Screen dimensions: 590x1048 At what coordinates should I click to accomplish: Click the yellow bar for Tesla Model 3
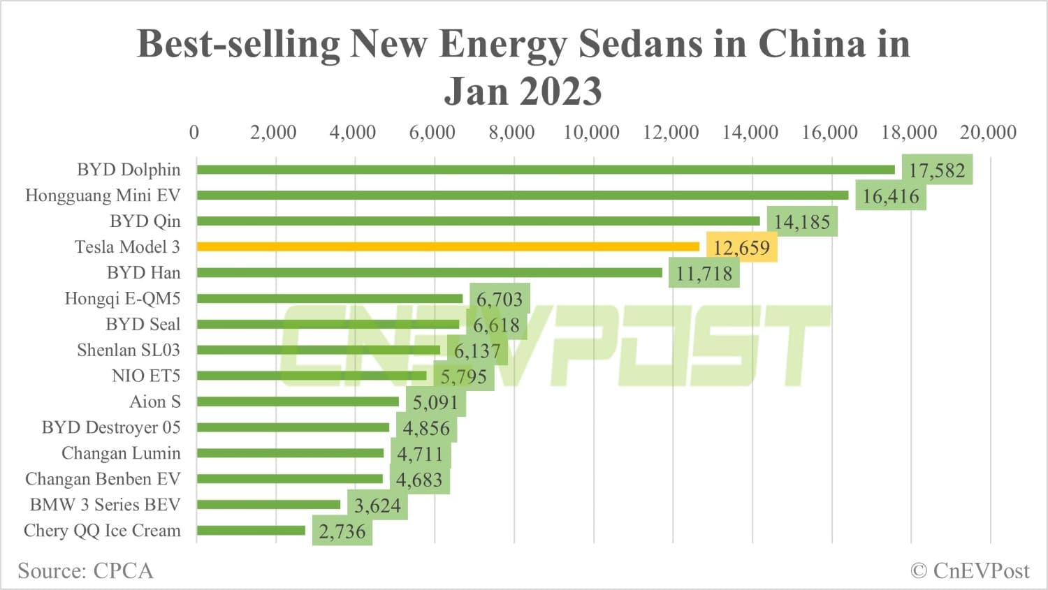click(447, 246)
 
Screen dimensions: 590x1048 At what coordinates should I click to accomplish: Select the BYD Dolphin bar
click(545, 170)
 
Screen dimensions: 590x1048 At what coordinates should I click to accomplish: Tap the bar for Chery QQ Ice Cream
click(251, 531)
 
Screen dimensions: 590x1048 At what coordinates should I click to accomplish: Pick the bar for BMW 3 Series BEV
click(268, 505)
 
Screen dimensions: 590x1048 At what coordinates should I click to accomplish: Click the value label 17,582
click(937, 170)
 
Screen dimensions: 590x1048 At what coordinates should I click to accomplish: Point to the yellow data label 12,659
click(741, 248)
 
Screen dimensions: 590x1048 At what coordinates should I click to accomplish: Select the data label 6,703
click(500, 300)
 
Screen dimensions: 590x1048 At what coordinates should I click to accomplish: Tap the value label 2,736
click(342, 532)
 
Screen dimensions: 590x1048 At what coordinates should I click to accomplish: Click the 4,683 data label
click(419, 480)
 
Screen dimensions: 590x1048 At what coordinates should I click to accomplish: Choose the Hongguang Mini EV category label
click(103, 196)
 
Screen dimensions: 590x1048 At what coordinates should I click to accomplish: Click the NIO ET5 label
click(145, 376)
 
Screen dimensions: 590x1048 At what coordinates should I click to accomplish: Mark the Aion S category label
click(154, 401)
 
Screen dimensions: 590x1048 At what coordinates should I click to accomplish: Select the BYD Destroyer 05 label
click(111, 427)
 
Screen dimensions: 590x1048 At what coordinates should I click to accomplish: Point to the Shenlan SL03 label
click(129, 350)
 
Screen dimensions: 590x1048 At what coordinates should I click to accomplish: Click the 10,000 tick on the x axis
click(591, 132)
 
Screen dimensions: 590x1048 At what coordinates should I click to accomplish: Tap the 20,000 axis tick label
click(988, 132)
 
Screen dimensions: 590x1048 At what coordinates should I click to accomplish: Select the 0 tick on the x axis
click(194, 132)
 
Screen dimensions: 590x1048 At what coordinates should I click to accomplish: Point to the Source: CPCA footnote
click(85, 570)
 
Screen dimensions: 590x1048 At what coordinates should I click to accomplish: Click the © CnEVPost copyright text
click(970, 570)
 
